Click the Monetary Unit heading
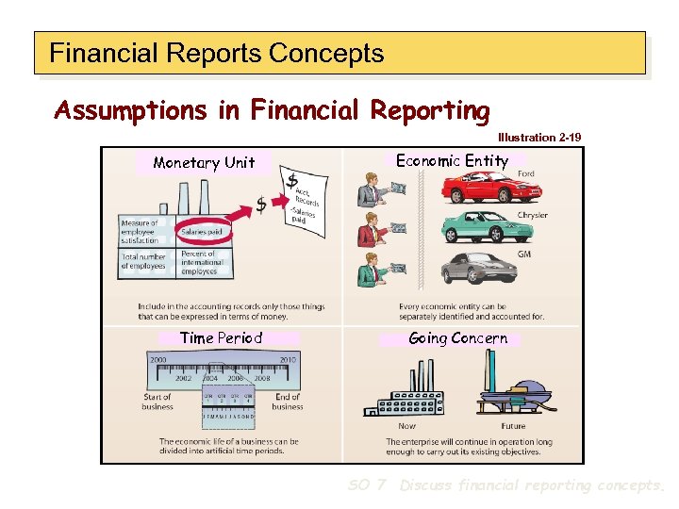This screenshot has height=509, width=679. click(204, 162)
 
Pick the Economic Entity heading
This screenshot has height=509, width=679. click(452, 160)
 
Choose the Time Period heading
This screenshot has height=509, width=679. click(221, 337)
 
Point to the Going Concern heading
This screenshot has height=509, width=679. click(457, 337)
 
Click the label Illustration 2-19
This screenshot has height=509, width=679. click(539, 138)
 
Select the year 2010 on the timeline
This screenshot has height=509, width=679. click(288, 360)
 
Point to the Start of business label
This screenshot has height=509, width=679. click(157, 402)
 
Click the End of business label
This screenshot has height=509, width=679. click(287, 402)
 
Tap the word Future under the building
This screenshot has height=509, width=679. click(513, 425)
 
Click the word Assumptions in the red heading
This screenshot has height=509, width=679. click(133, 110)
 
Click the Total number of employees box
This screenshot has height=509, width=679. click(143, 261)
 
